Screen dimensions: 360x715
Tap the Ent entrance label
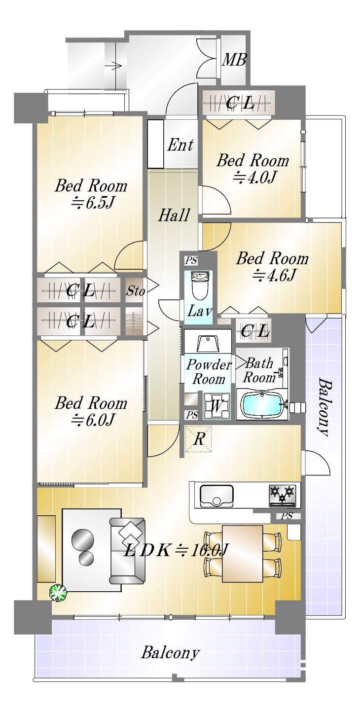coord(180,145)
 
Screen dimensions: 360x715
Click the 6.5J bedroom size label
coord(92,202)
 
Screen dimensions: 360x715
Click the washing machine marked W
coord(216,405)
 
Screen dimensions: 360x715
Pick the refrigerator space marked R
coord(199,439)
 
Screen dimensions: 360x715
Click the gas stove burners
coord(283,495)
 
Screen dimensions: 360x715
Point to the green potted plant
coord(58,593)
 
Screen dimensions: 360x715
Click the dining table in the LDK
coord(242,553)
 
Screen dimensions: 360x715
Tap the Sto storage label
coord(135,290)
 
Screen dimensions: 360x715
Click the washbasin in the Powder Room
coord(208,344)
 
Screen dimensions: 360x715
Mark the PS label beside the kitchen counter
coord(287,516)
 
